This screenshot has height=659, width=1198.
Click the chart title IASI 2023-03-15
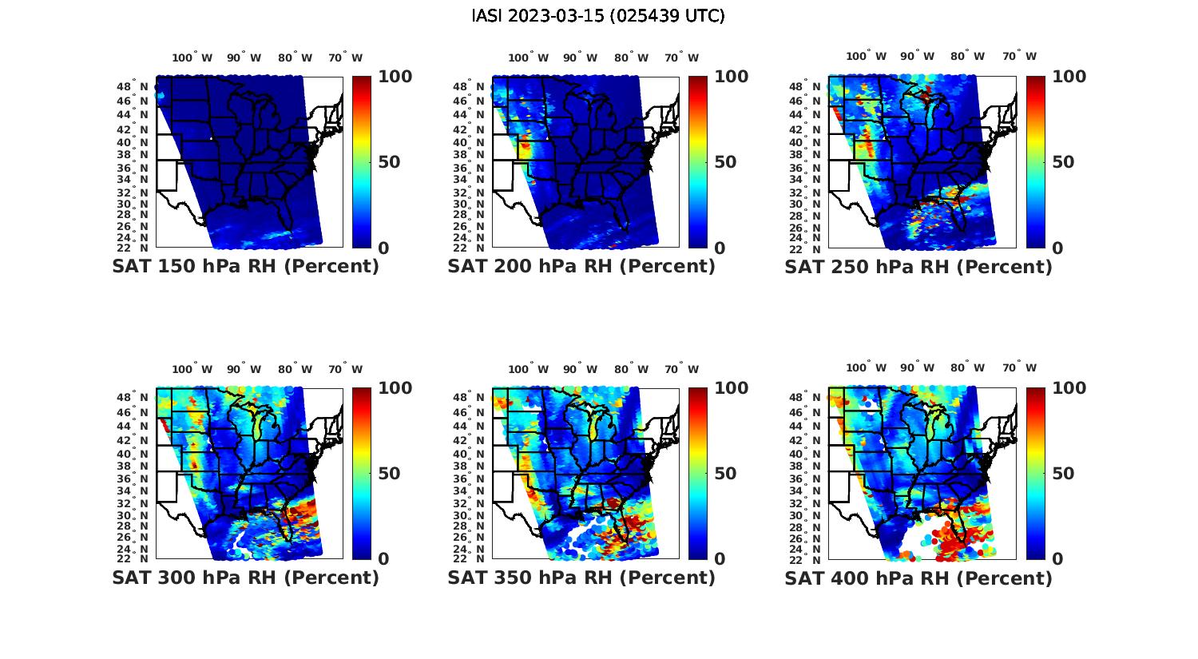coord(598,16)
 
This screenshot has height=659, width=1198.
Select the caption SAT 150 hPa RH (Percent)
coord(245,267)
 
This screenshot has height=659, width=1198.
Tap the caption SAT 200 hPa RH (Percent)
coord(581,267)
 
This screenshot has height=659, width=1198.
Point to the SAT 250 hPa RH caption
coord(918,267)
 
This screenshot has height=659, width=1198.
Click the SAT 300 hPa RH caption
coord(245,578)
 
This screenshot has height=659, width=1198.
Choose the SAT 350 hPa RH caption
coord(581,578)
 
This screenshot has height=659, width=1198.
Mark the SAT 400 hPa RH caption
coord(918,578)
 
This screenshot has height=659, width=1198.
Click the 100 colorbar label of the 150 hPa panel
coord(395,77)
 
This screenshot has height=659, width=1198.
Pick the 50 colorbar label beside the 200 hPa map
coord(723,162)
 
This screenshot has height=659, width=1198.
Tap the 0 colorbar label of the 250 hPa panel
coord(1057,248)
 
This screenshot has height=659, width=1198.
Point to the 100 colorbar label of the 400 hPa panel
coord(1069,388)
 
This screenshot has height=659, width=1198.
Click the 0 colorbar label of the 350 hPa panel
coord(720,559)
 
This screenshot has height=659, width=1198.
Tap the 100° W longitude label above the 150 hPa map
coord(192,58)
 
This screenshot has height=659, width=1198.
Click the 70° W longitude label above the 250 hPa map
coord(1020,56)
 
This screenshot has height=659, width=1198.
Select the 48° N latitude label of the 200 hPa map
coord(469,86)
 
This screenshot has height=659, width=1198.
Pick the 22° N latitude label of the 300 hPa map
coord(133,558)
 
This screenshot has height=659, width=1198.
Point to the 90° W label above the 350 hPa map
coord(580,369)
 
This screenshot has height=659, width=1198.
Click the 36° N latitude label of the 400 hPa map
coord(806,478)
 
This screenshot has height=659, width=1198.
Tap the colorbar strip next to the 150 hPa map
coord(361,162)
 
